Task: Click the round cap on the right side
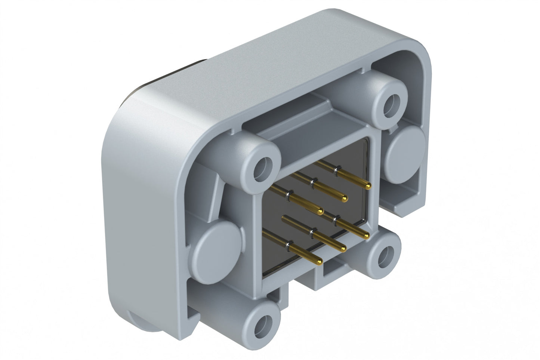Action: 405,149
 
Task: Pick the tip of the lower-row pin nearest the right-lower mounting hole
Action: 366,236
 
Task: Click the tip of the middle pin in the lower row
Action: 342,248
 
